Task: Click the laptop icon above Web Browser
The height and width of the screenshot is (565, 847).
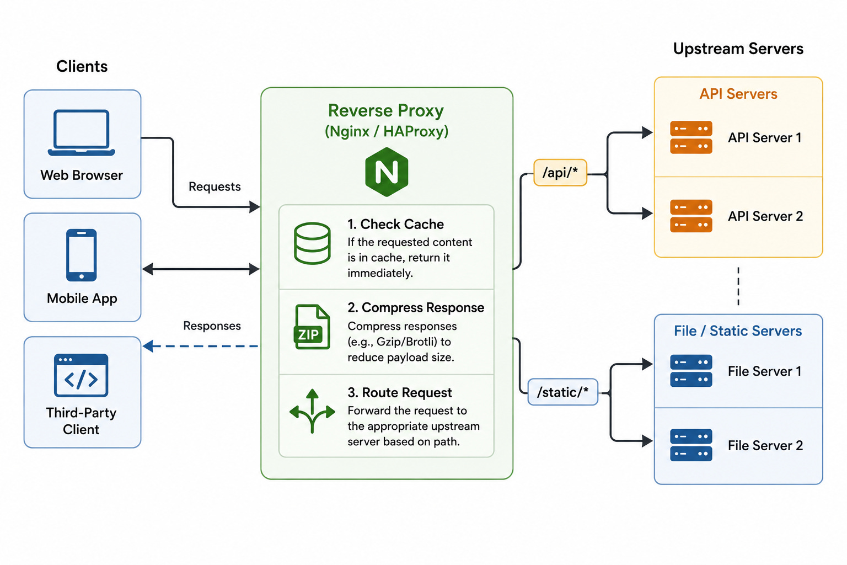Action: [81, 132]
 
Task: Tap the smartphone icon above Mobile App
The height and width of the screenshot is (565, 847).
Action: [81, 255]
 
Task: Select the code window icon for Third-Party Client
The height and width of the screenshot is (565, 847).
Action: [81, 375]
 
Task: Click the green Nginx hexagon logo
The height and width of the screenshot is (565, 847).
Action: [387, 172]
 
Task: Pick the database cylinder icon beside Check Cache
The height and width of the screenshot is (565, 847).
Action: [312, 243]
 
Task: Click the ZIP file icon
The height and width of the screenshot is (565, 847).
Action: [312, 327]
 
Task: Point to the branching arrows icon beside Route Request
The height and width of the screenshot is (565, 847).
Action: [312, 411]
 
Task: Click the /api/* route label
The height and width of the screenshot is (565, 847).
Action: [560, 173]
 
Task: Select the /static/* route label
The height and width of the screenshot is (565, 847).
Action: [562, 392]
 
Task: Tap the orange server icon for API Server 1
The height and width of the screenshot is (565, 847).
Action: [691, 137]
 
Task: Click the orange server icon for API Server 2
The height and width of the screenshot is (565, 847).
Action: [691, 216]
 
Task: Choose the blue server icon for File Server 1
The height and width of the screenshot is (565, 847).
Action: [691, 371]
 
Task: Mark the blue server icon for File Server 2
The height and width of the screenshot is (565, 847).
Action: [691, 445]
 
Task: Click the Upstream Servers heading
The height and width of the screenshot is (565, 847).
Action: [738, 49]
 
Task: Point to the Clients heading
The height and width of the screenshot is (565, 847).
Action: [82, 67]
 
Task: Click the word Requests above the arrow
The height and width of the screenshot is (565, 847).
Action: [215, 186]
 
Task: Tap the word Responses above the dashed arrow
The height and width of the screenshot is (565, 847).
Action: [212, 326]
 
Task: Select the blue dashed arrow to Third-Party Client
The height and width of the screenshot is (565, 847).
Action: [200, 346]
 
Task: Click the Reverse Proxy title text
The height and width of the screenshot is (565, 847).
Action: [385, 110]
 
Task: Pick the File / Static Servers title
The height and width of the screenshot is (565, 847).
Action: [738, 331]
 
